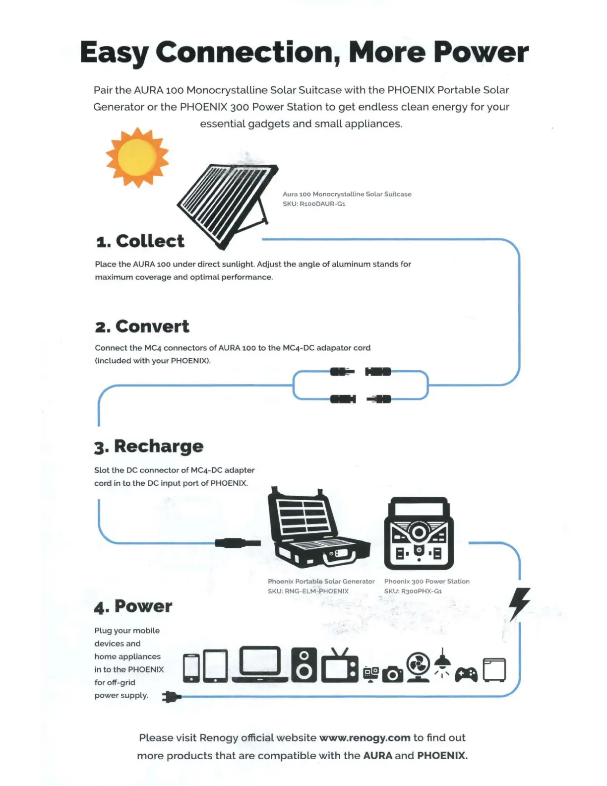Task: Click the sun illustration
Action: click(137, 157)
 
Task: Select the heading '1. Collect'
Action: click(140, 241)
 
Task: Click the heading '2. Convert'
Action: click(142, 327)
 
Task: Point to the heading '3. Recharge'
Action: click(149, 446)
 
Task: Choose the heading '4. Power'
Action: click(133, 606)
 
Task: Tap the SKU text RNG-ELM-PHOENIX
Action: click(308, 591)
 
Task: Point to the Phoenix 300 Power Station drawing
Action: click(419, 533)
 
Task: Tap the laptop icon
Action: click(260, 664)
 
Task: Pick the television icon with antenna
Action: click(340, 666)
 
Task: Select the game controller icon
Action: click(466, 674)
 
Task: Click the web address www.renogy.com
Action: click(364, 738)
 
